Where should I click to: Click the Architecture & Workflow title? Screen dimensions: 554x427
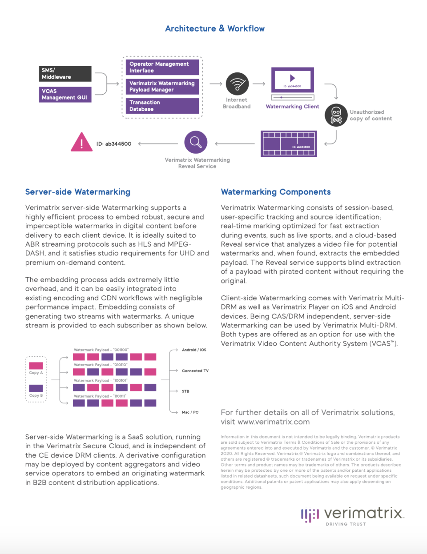pyautogui.click(x=214, y=29)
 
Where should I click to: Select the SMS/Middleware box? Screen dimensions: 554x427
pyautogui.click(x=65, y=74)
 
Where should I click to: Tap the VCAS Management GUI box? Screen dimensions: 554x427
pyautogui.click(x=65, y=94)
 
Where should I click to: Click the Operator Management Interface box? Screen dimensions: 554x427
pyautogui.click(x=162, y=68)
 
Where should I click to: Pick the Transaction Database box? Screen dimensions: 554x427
pyautogui.click(x=162, y=106)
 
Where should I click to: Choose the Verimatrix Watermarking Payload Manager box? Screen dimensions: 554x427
pyautogui.click(x=162, y=87)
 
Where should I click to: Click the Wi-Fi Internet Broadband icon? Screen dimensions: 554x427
pyautogui.click(x=237, y=84)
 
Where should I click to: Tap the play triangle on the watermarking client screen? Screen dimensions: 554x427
pyautogui.click(x=292, y=78)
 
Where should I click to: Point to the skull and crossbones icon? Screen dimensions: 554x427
pyautogui.click(x=336, y=115)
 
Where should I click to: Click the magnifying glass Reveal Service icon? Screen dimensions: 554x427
pyautogui.click(x=196, y=142)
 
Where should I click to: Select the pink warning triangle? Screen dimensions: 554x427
pyautogui.click(x=81, y=143)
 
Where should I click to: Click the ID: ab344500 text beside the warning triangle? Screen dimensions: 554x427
pyautogui.click(x=114, y=144)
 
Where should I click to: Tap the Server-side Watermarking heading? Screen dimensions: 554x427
pyautogui.click(x=78, y=192)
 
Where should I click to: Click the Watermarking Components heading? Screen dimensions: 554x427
pyautogui.click(x=276, y=192)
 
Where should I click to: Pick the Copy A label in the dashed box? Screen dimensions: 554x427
pyautogui.click(x=36, y=373)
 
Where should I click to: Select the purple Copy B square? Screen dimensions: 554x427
pyautogui.click(x=36, y=388)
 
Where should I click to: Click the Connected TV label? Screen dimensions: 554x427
pyautogui.click(x=195, y=371)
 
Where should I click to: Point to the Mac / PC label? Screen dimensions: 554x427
pyautogui.click(x=190, y=412)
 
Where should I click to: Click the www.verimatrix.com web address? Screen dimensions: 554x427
pyautogui.click(x=274, y=422)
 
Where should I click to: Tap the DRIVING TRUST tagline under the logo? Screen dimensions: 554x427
pyautogui.click(x=346, y=524)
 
